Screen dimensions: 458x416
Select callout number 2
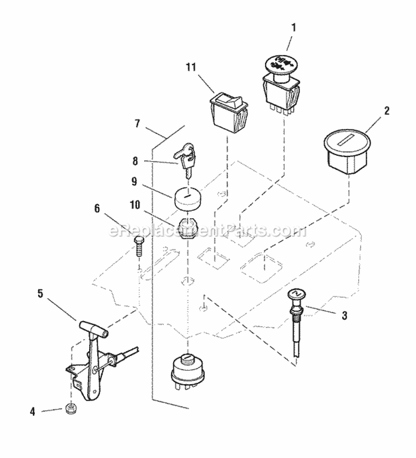[387, 110]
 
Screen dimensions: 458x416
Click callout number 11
[191, 68]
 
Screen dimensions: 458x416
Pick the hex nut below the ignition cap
[189, 225]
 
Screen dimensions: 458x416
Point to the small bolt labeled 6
[139, 243]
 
